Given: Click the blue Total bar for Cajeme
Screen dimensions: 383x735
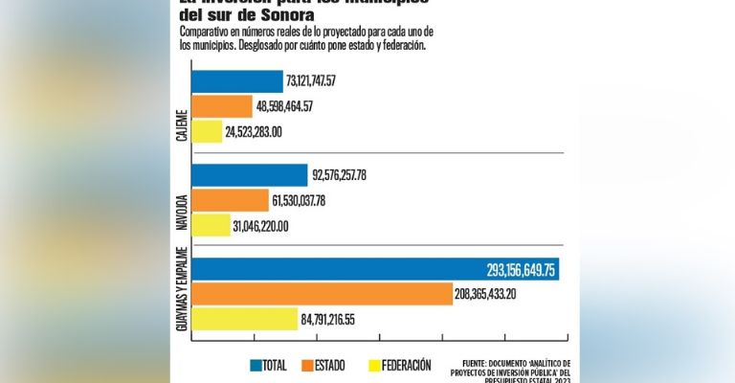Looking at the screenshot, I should pos(237,81).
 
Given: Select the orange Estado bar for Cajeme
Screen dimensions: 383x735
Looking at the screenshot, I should pos(222,106).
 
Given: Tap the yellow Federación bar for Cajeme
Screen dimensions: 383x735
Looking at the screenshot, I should pos(207,131).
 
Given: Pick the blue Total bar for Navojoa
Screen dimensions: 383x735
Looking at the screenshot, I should pos(250,175).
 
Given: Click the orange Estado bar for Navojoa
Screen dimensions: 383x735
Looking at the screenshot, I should pos(231,200).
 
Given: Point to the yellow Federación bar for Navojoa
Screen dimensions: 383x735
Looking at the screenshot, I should pos(212,226).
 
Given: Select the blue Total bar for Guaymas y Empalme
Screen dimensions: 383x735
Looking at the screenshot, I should pos(375,270).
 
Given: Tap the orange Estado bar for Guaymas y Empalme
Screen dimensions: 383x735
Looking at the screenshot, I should pos(322,295).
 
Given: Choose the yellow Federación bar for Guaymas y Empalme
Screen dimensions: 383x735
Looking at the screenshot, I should pos(245,320).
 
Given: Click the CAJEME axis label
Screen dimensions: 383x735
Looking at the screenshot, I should pos(182,125).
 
